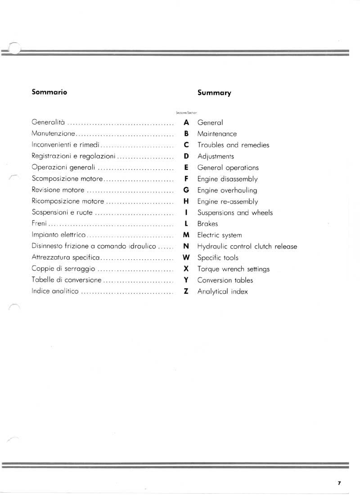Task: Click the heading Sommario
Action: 49,92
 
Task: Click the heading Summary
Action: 214,93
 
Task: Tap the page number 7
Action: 339,483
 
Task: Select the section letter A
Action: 186,122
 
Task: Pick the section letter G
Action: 186,190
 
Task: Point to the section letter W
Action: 186,257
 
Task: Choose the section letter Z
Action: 186,291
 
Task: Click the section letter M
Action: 186,235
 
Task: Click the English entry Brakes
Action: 207,224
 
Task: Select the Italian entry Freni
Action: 39,224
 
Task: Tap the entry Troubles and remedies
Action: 233,145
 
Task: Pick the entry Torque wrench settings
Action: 233,269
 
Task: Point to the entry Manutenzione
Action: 52,134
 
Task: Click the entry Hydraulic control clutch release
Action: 247,247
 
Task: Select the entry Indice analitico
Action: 55,291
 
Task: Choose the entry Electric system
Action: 219,235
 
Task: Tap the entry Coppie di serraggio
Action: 63,269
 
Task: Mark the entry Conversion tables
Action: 225,280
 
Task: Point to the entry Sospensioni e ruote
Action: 63,212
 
